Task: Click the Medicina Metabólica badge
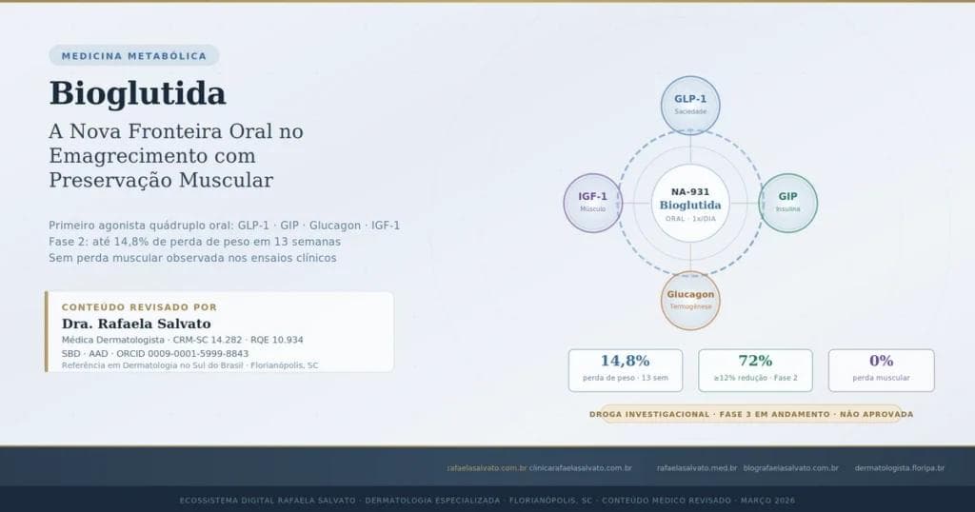coord(133,56)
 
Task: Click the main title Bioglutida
coord(137,93)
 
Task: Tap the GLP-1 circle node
coord(690,104)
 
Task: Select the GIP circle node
coord(787,202)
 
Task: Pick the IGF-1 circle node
coord(593,202)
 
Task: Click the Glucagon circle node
coord(690,300)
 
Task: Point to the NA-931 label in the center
coord(690,191)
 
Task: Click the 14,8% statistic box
coord(626,369)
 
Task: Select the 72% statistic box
coord(755,369)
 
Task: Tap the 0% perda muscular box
coord(881,369)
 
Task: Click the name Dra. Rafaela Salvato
coord(136,324)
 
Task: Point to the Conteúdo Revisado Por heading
coord(139,307)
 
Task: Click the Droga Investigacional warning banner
coord(751,414)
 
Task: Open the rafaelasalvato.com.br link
coord(487,467)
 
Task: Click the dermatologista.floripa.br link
coord(899,467)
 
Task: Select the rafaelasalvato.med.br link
coord(697,467)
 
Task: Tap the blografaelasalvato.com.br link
coord(790,467)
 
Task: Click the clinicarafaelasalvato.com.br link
coord(581,467)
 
